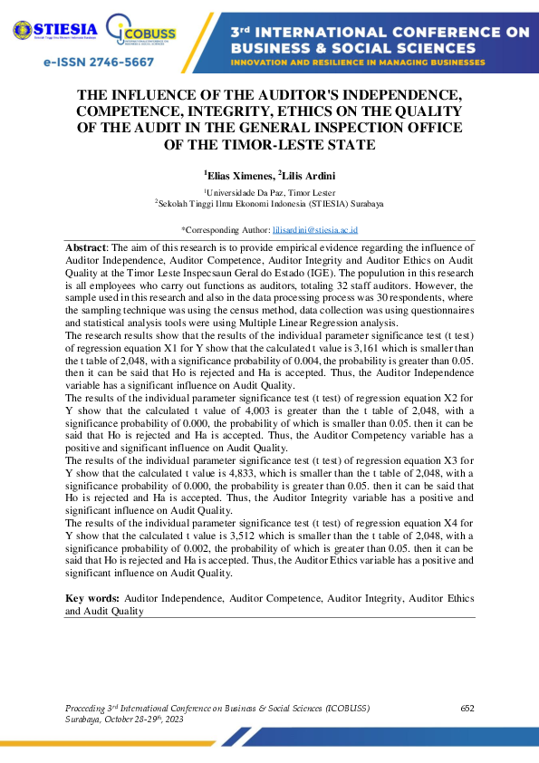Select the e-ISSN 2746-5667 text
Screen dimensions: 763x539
click(x=99, y=63)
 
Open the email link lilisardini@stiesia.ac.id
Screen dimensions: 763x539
click(x=315, y=230)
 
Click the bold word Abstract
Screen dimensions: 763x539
click(x=86, y=247)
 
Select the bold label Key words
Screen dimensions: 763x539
click(x=92, y=599)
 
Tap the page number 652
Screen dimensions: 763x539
click(x=467, y=708)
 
